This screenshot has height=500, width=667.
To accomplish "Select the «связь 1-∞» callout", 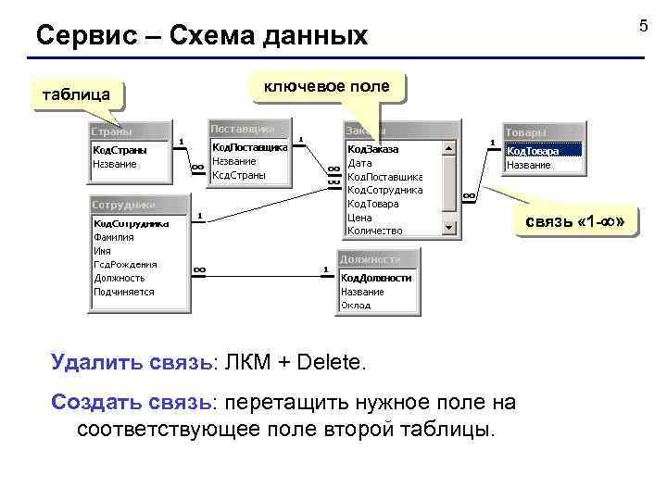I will tap(581, 222).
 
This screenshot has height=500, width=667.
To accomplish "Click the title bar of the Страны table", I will tap(129, 131).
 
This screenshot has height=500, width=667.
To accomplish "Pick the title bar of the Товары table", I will tap(543, 132).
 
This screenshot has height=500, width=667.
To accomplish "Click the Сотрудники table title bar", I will tap(137, 205).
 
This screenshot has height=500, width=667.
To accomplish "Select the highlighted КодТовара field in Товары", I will tap(543, 150).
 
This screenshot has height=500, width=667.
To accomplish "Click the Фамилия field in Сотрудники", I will tap(114, 236).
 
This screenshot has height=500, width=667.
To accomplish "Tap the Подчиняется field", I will tap(123, 292).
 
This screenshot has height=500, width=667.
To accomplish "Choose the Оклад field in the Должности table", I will tap(356, 305).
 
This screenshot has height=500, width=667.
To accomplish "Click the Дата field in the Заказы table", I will tap(359, 163).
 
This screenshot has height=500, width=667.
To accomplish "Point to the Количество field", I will tap(374, 231).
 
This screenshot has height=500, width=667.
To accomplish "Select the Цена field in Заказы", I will tap(359, 218).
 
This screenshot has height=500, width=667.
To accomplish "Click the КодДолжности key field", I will tap(375, 277).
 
